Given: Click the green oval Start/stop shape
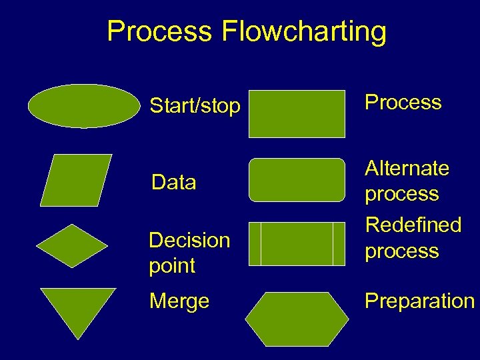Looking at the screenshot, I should pyautogui.click(x=84, y=105).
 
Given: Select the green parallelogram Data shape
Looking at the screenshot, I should pyautogui.click(x=76, y=180).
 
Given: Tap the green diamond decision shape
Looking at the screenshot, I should pyautogui.click(x=71, y=246).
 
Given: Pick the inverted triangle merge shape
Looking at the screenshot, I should pyautogui.click(x=77, y=308).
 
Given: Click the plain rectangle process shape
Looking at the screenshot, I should pyautogui.click(x=297, y=113).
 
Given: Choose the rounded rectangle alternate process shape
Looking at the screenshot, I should pyautogui.click(x=297, y=179).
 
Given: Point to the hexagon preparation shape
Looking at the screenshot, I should pyautogui.click(x=297, y=319).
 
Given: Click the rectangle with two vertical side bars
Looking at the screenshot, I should pyautogui.click(x=297, y=244).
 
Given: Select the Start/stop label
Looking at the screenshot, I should pyautogui.click(x=195, y=105).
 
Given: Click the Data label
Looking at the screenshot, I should pyautogui.click(x=173, y=182).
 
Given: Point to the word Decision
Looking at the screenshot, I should pyautogui.click(x=189, y=240).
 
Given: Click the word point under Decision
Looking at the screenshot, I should pyautogui.click(x=172, y=265).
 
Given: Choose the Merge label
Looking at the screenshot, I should pyautogui.click(x=179, y=301).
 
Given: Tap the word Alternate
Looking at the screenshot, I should pyautogui.click(x=407, y=168).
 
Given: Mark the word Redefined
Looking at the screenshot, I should pyautogui.click(x=413, y=225).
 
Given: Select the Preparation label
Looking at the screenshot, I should pyautogui.click(x=419, y=301).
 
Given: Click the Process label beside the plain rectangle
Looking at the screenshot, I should pyautogui.click(x=403, y=102).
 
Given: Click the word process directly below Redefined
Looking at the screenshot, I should pyautogui.click(x=401, y=251).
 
